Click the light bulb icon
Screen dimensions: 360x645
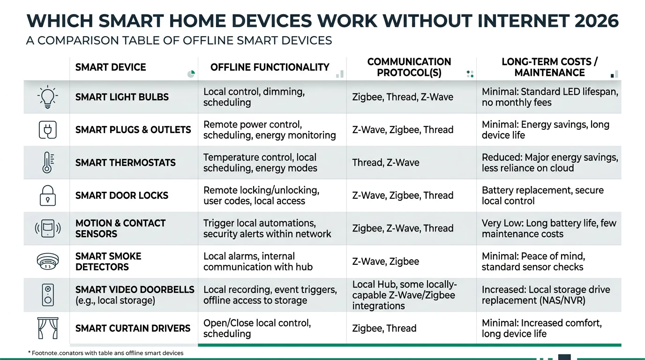click(x=47, y=97)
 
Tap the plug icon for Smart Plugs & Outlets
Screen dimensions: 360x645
click(x=47, y=130)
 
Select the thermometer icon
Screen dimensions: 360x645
click(x=47, y=163)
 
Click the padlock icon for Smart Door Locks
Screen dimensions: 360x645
click(x=47, y=195)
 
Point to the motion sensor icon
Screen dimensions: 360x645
click(x=47, y=228)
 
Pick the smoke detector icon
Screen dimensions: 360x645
click(x=47, y=261)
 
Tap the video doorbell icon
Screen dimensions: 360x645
click(x=47, y=295)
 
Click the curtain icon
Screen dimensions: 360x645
click(x=47, y=328)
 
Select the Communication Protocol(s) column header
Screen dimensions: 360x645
click(x=409, y=67)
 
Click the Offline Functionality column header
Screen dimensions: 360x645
click(x=270, y=67)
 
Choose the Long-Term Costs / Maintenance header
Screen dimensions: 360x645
click(x=549, y=67)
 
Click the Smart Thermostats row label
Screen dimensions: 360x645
click(x=125, y=163)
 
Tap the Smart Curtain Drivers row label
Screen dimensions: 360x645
click(x=133, y=328)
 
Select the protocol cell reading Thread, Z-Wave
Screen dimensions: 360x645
click(x=385, y=163)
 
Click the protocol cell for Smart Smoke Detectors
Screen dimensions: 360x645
click(x=385, y=261)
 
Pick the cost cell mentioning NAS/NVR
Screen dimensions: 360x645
click(x=546, y=295)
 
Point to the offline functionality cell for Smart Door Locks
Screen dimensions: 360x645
click(x=261, y=195)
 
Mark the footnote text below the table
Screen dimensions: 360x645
click(x=105, y=352)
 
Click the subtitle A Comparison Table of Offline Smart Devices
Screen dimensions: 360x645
click(x=179, y=40)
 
